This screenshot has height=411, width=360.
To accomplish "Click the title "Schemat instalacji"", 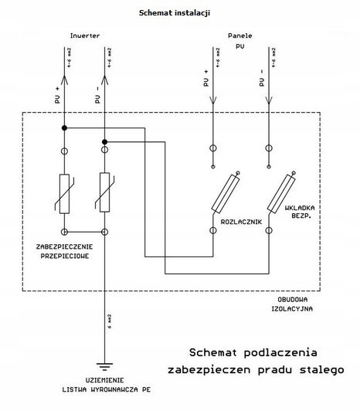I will click(x=175, y=13).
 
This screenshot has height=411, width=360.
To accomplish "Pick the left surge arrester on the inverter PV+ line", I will click(x=65, y=193).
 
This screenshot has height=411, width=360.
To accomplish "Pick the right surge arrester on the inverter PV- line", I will click(x=104, y=193).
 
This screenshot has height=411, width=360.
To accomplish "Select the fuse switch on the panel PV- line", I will click(x=283, y=192).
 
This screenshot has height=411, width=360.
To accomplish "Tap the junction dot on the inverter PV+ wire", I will click(x=65, y=127).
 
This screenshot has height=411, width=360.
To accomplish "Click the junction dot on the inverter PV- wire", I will click(x=104, y=141).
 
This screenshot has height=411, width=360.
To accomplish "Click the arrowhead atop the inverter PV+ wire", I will click(x=65, y=49).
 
